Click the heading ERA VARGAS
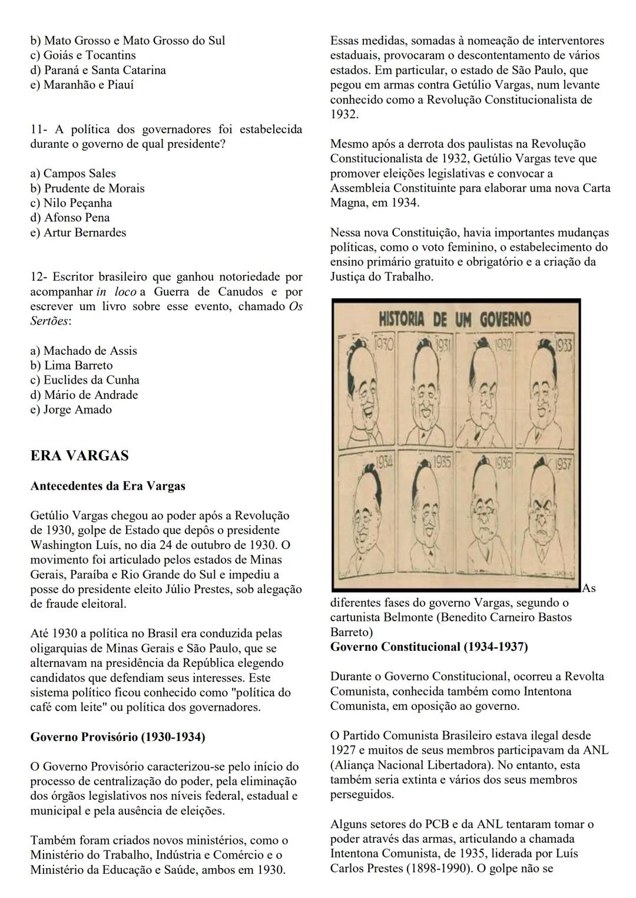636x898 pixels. click(79, 456)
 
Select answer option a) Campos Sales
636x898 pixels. click(73, 174)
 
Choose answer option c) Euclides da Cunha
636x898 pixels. click(85, 380)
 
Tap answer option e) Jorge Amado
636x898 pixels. click(71, 410)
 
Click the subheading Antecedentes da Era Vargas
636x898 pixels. click(107, 486)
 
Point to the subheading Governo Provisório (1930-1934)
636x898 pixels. click(117, 737)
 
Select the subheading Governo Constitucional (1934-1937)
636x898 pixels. click(429, 647)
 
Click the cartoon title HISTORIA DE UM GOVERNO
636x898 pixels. click(454, 320)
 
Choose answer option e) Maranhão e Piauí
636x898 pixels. click(82, 85)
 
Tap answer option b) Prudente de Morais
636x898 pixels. click(87, 188)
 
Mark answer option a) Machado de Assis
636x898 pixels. click(84, 351)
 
